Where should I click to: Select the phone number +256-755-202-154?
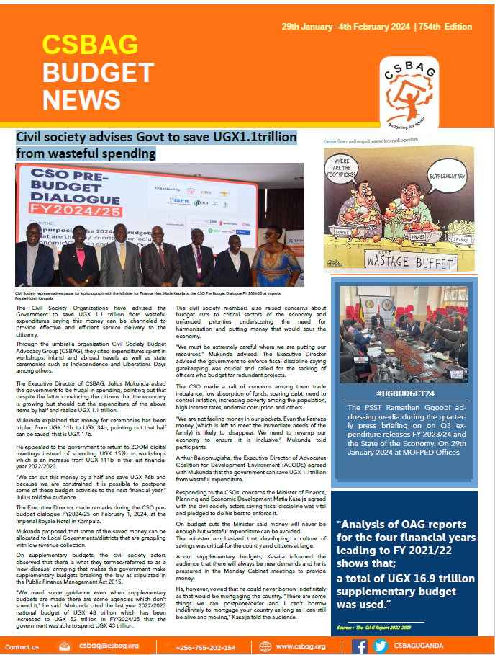205,647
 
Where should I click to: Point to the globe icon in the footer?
265,646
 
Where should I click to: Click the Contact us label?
22,647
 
